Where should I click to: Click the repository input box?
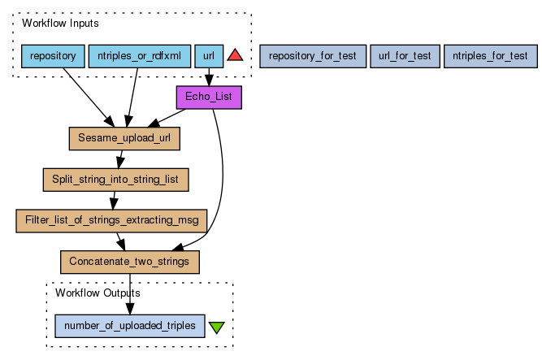tap(52, 56)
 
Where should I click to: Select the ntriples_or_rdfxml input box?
tap(139, 56)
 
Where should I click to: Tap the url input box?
tap(209, 56)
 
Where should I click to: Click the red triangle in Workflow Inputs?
tap(236, 55)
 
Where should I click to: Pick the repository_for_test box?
tap(312, 56)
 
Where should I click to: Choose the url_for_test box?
tap(405, 56)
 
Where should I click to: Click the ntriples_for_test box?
tap(490, 56)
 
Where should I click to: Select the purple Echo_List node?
tap(209, 98)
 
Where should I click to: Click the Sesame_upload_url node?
tap(124, 138)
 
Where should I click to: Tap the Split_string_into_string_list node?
tap(115, 179)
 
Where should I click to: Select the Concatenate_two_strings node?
tap(129, 261)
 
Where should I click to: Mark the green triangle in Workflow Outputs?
tap(216, 327)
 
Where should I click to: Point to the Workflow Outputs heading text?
tap(98, 292)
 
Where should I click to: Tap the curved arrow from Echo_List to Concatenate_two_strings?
tap(222, 179)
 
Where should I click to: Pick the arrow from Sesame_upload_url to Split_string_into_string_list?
tap(120, 158)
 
